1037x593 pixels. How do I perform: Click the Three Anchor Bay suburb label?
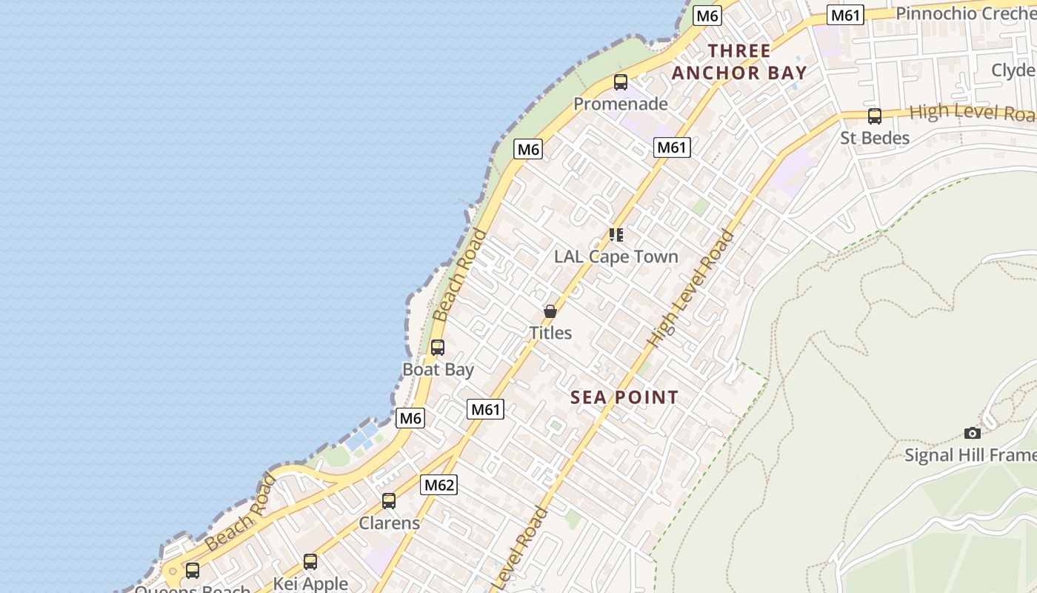point(738,62)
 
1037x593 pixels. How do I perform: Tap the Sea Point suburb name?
point(624,397)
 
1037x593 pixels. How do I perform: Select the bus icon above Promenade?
point(621,82)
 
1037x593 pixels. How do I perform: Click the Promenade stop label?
point(621,104)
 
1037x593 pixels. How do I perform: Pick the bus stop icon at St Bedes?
point(875,116)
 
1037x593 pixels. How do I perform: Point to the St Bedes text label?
point(875,138)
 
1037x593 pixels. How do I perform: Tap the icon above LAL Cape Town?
point(616,235)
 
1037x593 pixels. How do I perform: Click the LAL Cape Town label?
point(616,256)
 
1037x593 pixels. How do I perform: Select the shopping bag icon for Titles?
point(550,311)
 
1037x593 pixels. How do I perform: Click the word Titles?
point(550,333)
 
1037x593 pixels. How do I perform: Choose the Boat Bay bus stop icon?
point(438,347)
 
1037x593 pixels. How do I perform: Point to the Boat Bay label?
point(438,369)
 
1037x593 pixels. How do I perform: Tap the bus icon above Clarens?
point(389,501)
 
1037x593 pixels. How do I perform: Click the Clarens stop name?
point(389,523)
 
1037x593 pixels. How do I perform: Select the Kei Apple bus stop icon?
point(310,562)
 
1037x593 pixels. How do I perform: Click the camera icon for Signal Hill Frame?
point(973,433)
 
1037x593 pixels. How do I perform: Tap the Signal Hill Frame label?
point(970,454)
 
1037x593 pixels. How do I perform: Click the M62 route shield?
point(439,485)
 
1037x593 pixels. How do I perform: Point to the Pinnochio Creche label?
point(965,13)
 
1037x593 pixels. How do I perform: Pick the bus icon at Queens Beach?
point(193,571)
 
